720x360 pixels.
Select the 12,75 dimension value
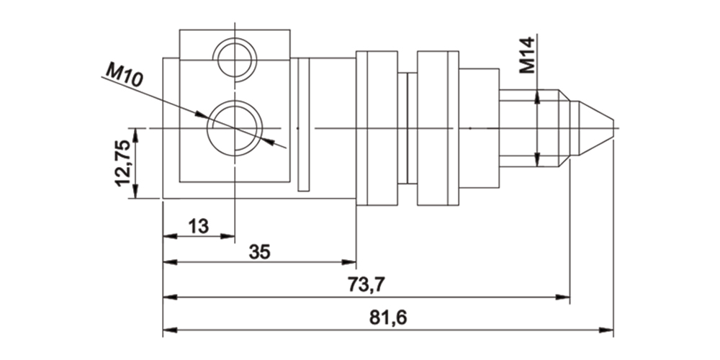tap(123, 163)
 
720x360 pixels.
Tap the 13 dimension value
tap(199, 226)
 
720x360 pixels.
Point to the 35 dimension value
tap(260, 252)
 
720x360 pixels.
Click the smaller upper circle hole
tap(235, 58)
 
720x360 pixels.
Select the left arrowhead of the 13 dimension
tap(168, 235)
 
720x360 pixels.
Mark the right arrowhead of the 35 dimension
tap(352, 262)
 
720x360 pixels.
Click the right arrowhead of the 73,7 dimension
tap(565, 296)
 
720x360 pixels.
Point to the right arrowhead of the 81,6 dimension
tap(609, 330)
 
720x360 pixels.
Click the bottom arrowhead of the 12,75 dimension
tap(135, 194)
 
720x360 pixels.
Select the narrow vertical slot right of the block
tap(303, 125)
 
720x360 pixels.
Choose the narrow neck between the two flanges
tap(407, 127)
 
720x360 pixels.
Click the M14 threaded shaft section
tap(529, 127)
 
